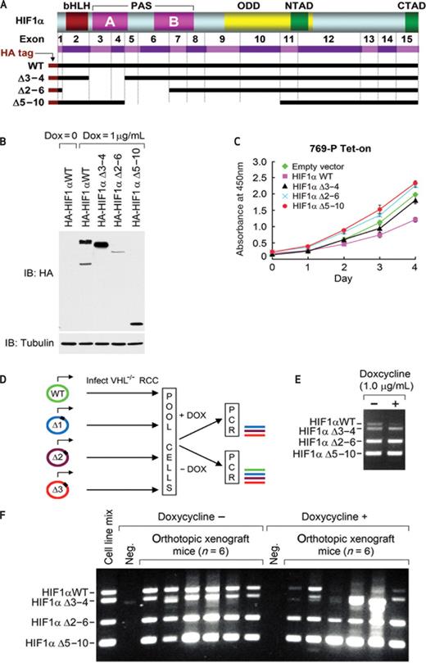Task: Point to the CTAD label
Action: pos(410,7)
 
